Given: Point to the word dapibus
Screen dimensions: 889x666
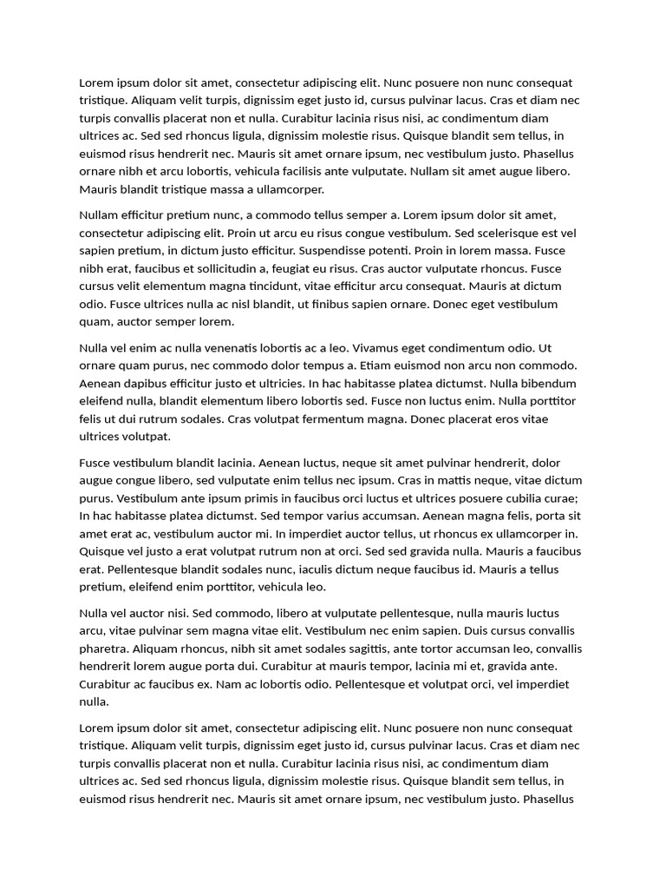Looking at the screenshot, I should coord(147,383).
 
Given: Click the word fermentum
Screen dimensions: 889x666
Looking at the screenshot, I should coord(341,418).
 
